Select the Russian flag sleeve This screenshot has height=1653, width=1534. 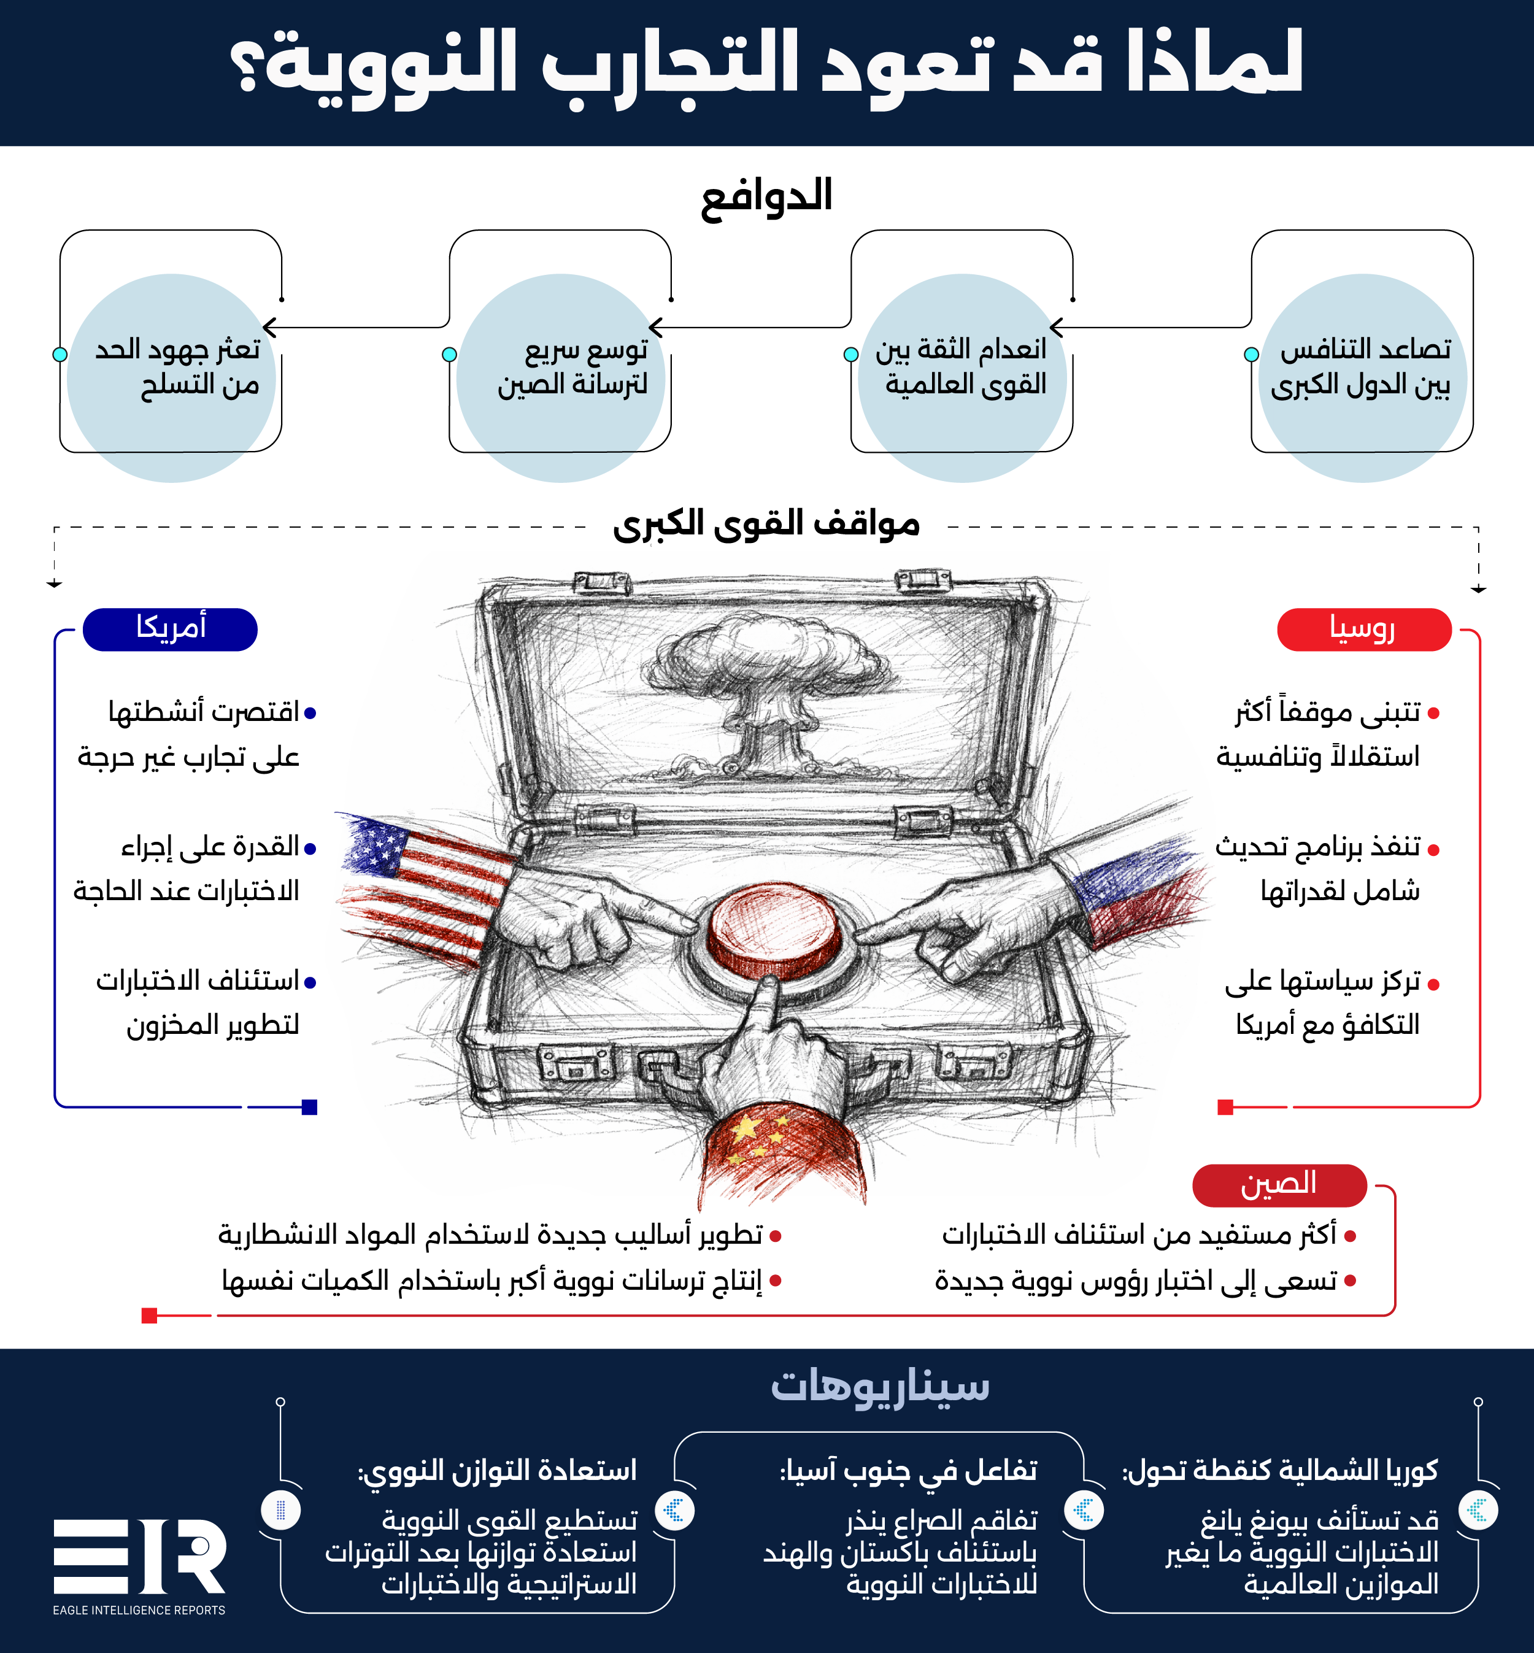[1137, 893]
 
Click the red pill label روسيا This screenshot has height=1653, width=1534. [1363, 630]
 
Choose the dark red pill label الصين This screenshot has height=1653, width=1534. [1278, 1185]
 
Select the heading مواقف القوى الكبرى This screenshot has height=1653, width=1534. [766, 525]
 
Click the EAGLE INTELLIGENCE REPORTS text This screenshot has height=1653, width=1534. [139, 1610]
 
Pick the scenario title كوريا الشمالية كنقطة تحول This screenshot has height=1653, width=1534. [1279, 1470]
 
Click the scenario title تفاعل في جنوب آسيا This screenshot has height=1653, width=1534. [908, 1470]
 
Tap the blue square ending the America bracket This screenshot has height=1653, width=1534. [310, 1107]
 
